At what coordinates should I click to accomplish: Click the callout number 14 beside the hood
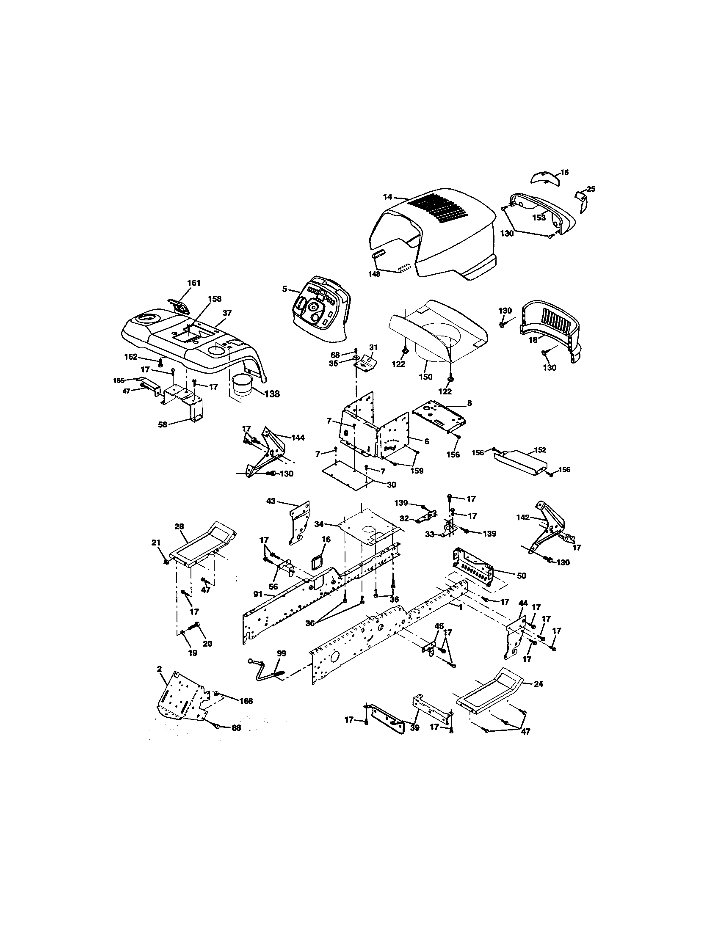(x=387, y=197)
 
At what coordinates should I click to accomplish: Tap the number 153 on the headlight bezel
(x=538, y=218)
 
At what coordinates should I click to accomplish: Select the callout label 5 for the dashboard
(x=284, y=289)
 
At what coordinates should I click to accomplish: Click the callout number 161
(x=193, y=283)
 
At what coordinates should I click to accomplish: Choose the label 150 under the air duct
(x=425, y=377)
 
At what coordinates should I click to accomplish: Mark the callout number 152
(x=539, y=450)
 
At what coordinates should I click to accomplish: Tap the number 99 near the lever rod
(x=282, y=653)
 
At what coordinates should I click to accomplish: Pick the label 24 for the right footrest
(x=538, y=684)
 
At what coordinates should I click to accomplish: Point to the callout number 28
(x=179, y=526)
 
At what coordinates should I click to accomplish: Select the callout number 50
(x=521, y=576)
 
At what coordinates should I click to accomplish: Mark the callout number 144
(x=298, y=438)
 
